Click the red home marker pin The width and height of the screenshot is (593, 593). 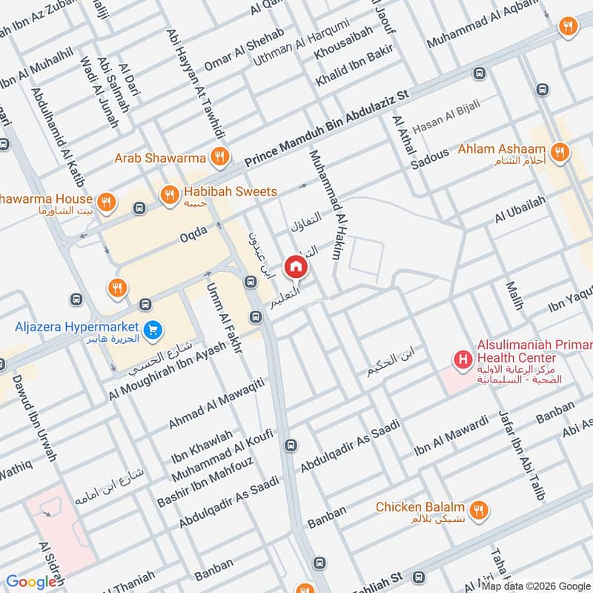pos(295,266)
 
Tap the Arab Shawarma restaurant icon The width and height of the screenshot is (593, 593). pos(218,156)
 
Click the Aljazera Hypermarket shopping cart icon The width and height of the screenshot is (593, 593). pos(153,327)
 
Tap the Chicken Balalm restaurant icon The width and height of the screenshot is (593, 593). pos(479,509)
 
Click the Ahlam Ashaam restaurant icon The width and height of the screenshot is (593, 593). pos(561,151)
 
